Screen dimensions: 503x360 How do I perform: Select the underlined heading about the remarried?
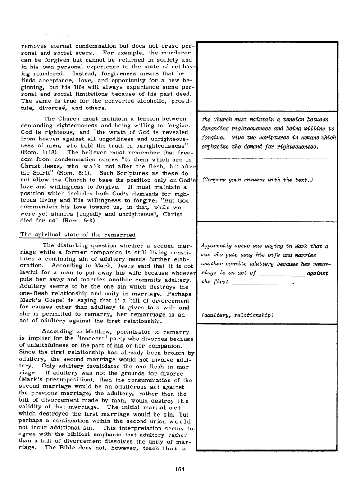pos(78,234)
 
